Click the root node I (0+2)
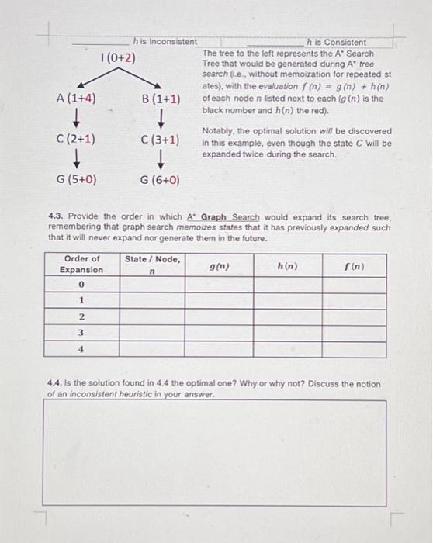click(x=119, y=58)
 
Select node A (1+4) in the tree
click(x=76, y=99)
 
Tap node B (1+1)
click(x=161, y=99)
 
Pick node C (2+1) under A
click(x=76, y=140)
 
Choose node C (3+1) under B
click(x=161, y=140)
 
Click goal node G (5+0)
click(x=76, y=180)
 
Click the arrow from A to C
click(x=76, y=119)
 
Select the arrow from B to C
click(x=161, y=119)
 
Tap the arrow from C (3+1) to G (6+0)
click(x=161, y=160)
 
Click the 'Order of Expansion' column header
click(x=82, y=264)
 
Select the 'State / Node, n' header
click(x=153, y=264)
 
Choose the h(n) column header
click(x=286, y=265)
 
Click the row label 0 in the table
click(x=81, y=285)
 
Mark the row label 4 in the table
click(x=81, y=349)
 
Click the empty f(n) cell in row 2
click(x=354, y=316)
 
